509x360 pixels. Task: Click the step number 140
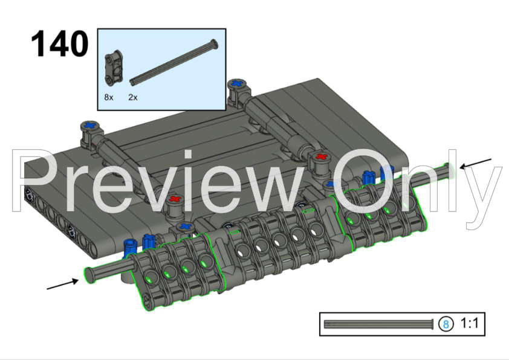(59, 43)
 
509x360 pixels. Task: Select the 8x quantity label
(109, 97)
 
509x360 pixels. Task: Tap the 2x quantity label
(133, 97)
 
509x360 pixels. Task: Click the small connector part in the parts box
(114, 68)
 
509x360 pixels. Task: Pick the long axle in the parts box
(173, 63)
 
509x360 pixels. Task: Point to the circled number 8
(446, 324)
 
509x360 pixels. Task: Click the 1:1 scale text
(469, 323)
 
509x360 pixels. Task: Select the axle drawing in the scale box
(378, 324)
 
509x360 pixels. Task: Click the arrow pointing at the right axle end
(476, 164)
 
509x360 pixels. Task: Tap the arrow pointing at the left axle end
(63, 284)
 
